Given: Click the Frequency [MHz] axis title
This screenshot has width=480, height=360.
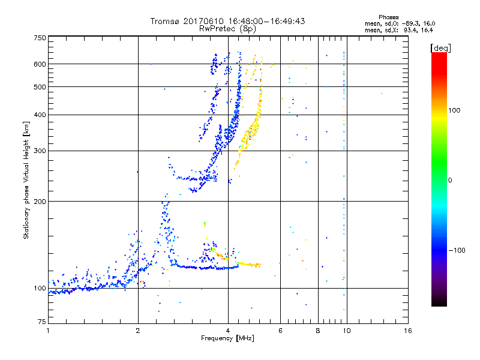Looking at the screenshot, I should (x=227, y=339).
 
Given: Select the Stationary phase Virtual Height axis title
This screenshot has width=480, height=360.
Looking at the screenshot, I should (x=26, y=180).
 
